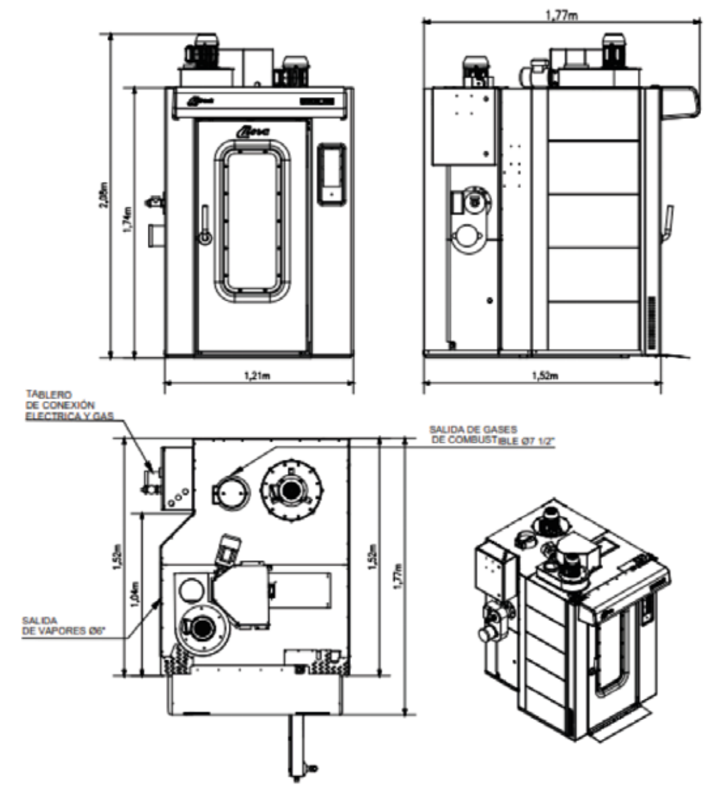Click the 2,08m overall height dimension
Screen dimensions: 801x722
click(x=103, y=196)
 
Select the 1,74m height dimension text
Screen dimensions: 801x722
click(x=126, y=220)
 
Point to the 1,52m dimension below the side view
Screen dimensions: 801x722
click(x=543, y=376)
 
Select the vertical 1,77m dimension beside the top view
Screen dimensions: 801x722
click(x=399, y=574)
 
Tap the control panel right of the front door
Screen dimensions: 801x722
click(x=331, y=172)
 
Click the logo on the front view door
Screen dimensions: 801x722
click(x=253, y=132)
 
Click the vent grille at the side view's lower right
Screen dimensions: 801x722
click(x=652, y=323)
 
